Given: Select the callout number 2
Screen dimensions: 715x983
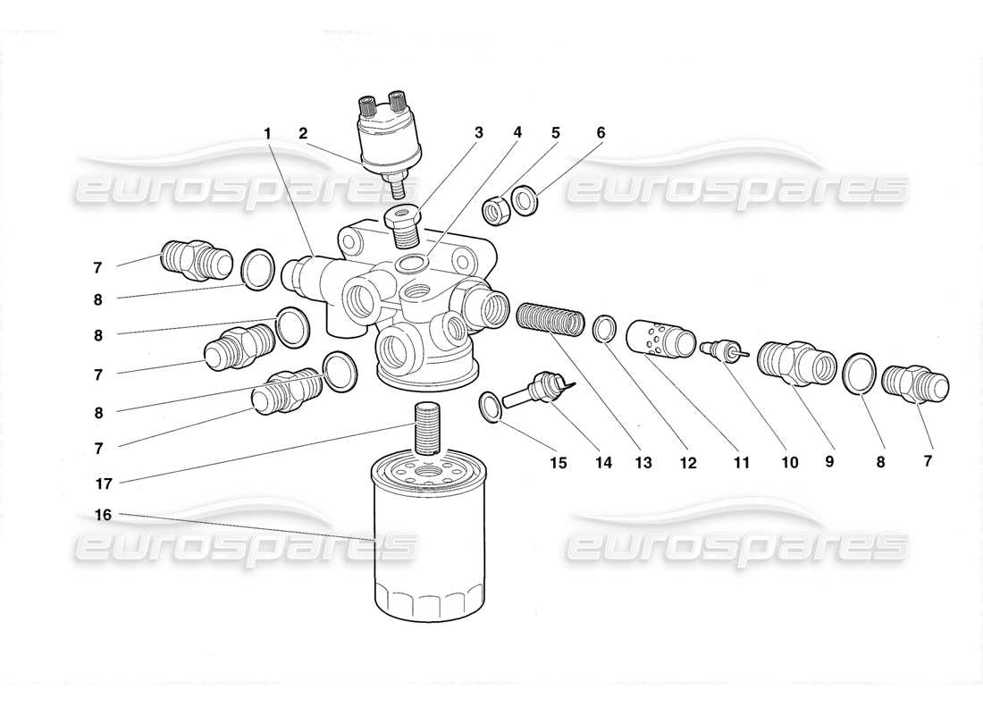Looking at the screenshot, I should click(x=303, y=133).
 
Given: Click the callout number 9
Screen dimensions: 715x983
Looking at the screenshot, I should click(x=828, y=462).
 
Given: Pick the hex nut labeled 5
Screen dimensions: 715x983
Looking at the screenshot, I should click(x=496, y=211).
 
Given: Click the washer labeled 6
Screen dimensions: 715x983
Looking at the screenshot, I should click(x=525, y=200).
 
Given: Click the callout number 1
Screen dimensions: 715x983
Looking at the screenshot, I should click(x=266, y=133).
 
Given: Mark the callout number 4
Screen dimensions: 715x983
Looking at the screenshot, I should click(x=517, y=133).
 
